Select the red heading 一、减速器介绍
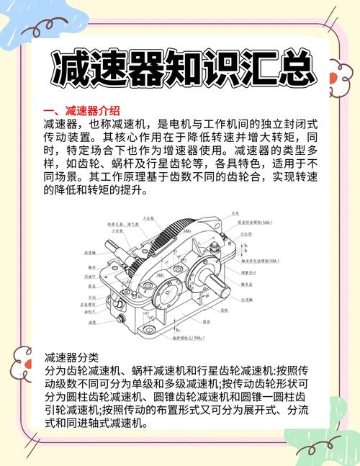point(81,110)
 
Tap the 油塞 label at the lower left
point(92,323)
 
